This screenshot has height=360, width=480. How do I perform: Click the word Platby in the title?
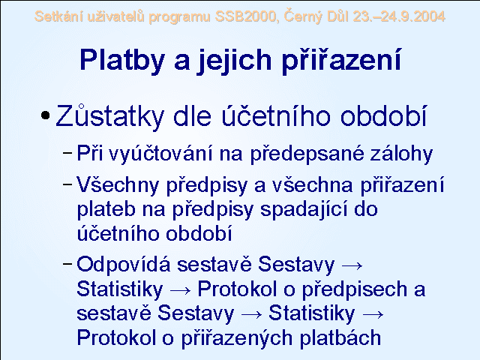point(122,60)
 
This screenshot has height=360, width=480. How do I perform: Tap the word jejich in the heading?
point(234,60)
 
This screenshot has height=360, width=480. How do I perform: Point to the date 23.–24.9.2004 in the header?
point(399,16)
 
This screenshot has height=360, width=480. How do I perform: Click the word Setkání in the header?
point(58,16)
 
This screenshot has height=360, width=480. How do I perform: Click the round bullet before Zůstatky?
point(45,115)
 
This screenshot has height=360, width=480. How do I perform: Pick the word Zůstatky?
point(110,116)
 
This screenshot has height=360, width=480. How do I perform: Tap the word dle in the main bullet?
point(192,116)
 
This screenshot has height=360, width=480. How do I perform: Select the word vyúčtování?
point(160,153)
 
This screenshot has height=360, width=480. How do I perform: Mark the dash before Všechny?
point(67,184)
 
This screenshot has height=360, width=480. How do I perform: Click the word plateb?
point(106,210)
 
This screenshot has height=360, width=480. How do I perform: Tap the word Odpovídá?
point(123,265)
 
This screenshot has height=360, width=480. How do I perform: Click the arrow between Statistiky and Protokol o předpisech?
point(180,290)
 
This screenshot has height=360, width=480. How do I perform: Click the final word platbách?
point(340,338)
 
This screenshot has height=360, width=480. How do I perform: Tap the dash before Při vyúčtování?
point(67,151)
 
